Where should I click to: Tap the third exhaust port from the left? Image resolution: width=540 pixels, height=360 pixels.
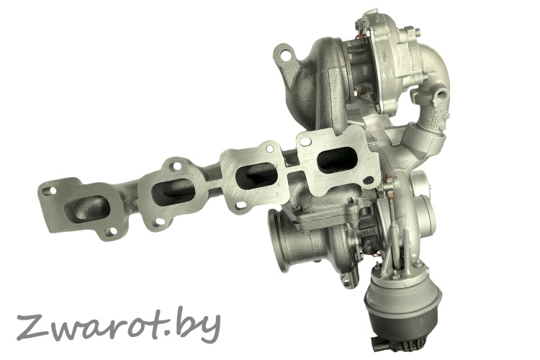(256, 175)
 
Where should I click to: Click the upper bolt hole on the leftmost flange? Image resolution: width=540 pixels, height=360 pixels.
(53, 190)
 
